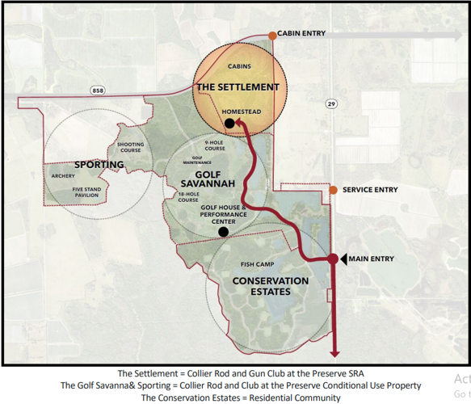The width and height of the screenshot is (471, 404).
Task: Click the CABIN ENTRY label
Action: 301,35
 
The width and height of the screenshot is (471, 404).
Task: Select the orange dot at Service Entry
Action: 332,190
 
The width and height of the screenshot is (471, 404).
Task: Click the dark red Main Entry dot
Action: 332,259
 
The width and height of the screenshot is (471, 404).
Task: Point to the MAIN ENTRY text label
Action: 373,259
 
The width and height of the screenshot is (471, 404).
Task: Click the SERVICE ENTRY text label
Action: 370,190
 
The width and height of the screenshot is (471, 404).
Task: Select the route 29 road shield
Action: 331,104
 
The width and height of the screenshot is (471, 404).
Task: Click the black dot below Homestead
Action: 229,123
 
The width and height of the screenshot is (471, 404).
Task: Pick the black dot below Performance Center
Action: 223,232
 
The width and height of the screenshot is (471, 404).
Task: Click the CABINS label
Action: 238,66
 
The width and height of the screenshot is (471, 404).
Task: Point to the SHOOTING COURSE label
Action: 130,147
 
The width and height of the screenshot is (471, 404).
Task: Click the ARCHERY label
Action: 62,175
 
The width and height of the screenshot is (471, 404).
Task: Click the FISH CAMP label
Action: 254,264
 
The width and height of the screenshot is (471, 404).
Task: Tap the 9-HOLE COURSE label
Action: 215,146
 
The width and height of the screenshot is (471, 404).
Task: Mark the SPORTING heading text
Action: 99,165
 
